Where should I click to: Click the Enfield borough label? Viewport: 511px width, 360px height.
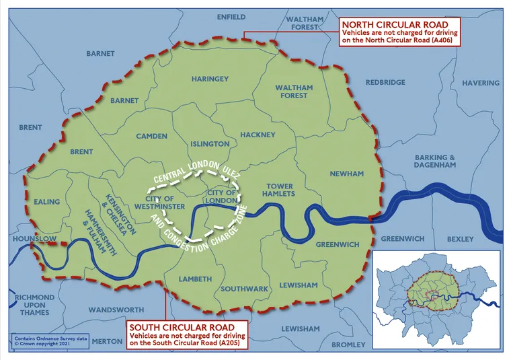point(231,17)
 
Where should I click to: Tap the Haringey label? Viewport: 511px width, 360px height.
point(210,79)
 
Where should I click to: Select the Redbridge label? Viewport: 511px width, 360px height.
point(385,82)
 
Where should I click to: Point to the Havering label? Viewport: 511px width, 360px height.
point(480,83)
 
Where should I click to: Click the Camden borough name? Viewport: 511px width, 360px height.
point(152,136)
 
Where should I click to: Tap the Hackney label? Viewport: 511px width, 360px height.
point(258,135)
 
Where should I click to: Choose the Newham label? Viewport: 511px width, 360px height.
point(346,174)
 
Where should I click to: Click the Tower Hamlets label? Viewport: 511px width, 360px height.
point(280,189)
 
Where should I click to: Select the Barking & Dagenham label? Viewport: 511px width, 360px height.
point(434,161)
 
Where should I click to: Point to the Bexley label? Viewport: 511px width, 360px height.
point(460,239)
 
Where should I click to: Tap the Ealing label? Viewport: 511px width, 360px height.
point(46,202)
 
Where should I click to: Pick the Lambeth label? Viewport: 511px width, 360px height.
point(195,279)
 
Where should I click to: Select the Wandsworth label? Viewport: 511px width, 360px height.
point(116,310)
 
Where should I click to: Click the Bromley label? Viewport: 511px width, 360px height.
point(348,345)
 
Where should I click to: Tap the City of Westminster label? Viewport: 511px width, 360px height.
point(160,203)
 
